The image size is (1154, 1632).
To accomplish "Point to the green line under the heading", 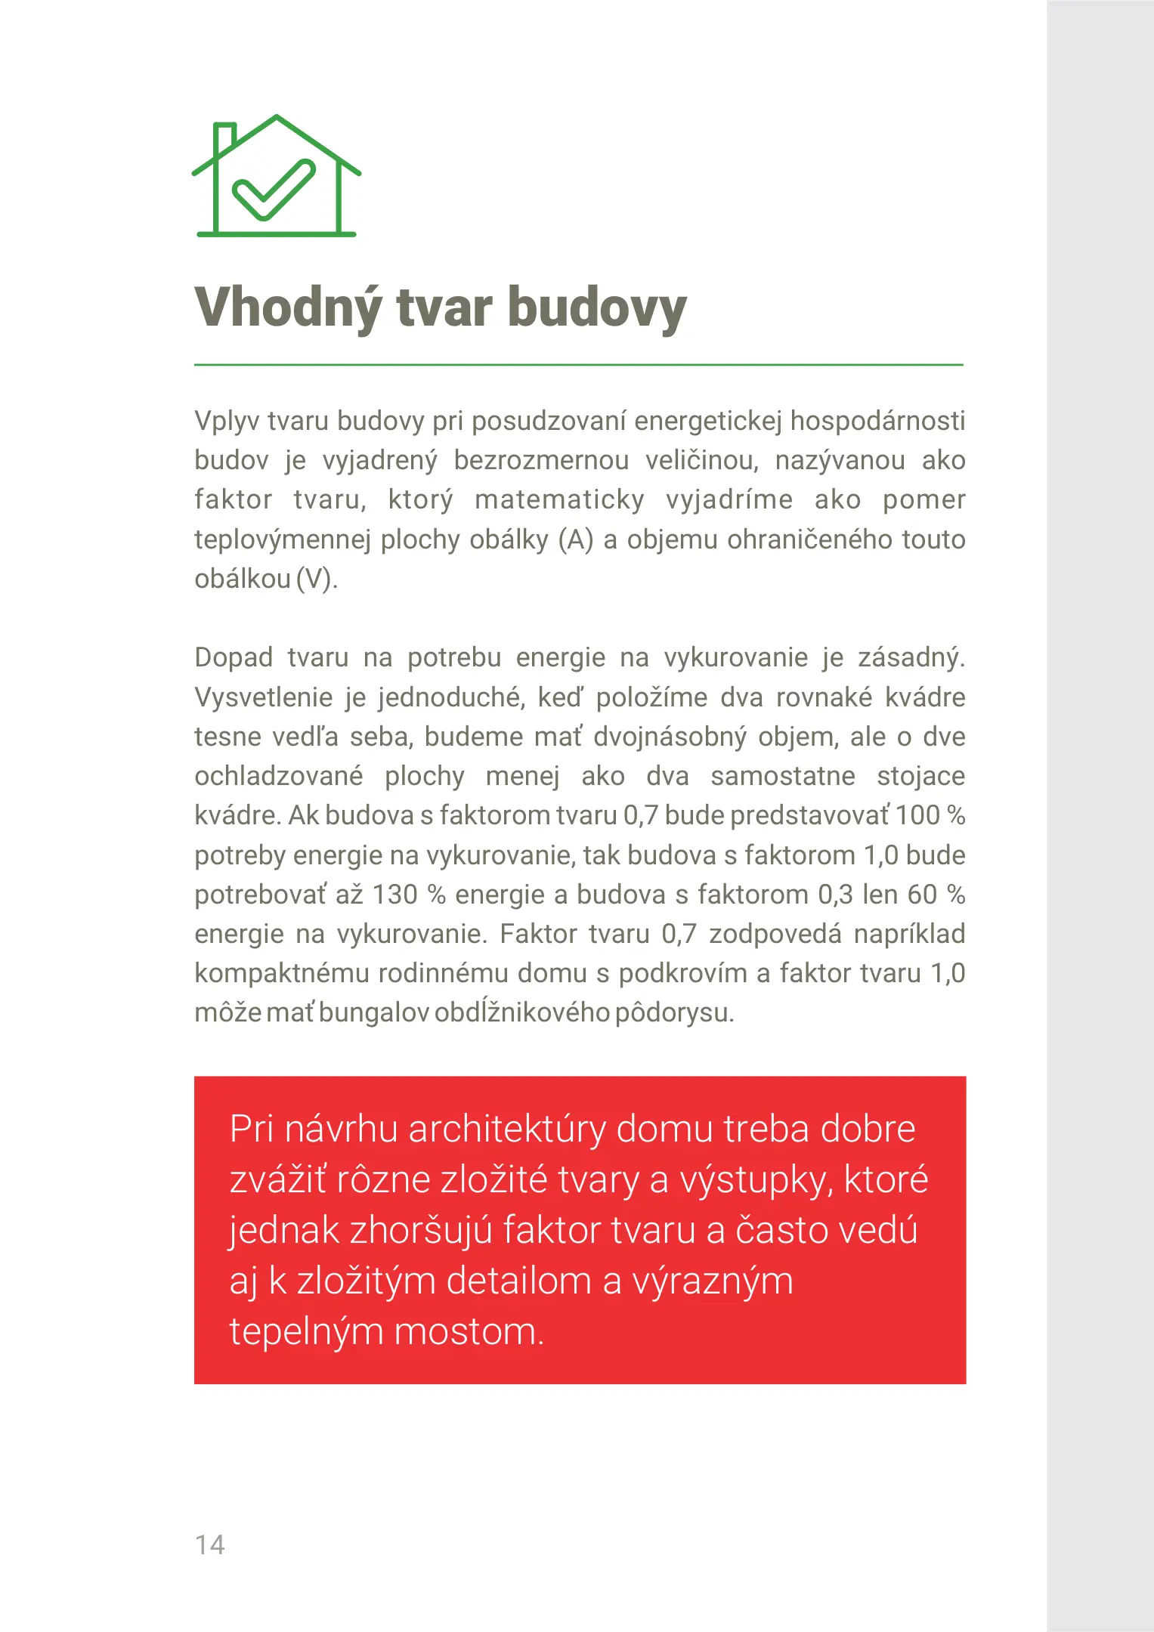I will (578, 365).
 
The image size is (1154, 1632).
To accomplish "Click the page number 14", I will (209, 1545).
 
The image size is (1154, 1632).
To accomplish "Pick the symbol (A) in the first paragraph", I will (575, 539).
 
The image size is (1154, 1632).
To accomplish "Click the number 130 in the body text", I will (394, 895).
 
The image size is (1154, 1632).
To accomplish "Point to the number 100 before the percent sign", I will (917, 815).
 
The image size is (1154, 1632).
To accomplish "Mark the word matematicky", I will (559, 500).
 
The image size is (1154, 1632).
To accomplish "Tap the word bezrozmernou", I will (541, 460).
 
